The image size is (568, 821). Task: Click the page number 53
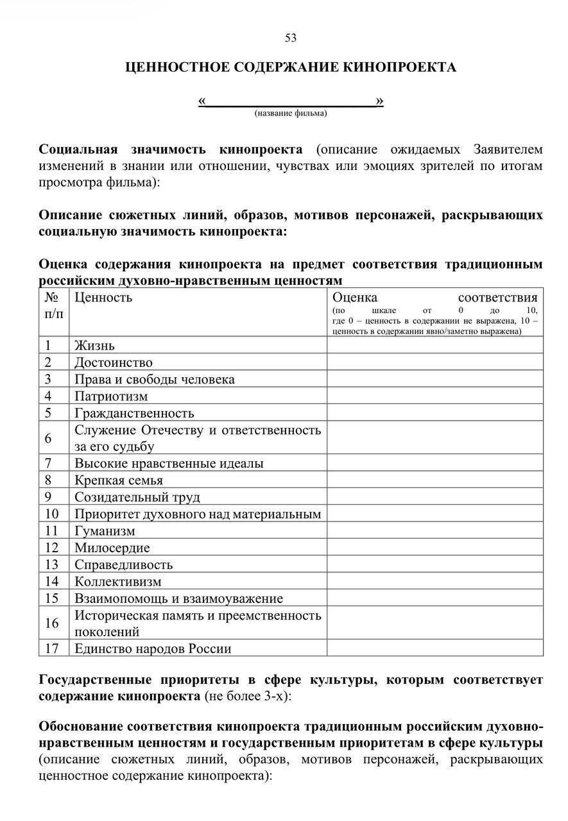coord(291,38)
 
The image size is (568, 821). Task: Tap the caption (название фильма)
coord(291,114)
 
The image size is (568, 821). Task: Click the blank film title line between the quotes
coord(291,101)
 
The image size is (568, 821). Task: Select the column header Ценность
coord(103,297)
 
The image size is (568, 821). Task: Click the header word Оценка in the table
coord(355,297)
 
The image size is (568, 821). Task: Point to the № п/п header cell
coord(54,305)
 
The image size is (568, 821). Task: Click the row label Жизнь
coord(94,346)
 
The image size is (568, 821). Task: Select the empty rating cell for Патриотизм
coord(435,396)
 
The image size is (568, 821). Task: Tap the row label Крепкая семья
coord(119,480)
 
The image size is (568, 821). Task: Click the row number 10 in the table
coord(52,514)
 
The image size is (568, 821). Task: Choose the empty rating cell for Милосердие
coord(435,548)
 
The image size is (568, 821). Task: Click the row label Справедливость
coord(124,565)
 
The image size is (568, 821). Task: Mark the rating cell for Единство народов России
coord(435,648)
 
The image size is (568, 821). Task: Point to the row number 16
coord(52,623)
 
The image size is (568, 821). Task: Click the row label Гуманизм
coord(105,531)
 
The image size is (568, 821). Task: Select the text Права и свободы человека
coord(155,380)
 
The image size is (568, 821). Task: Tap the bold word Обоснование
coord(82,727)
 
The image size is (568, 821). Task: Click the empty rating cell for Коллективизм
coord(435,582)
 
